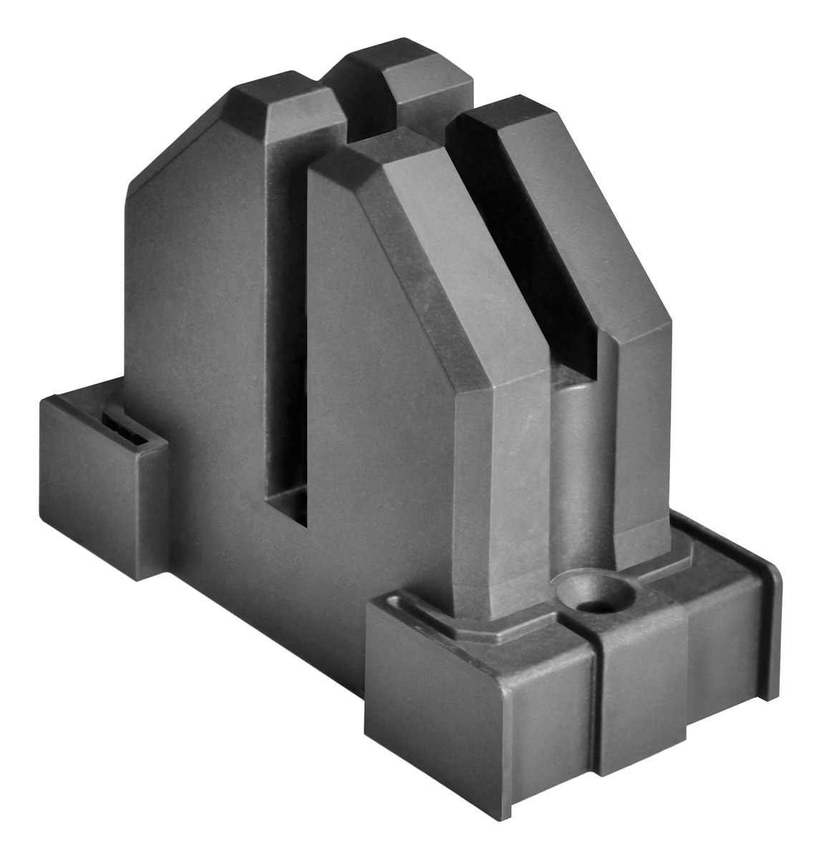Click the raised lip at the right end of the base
pos(770,630)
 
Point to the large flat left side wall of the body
pos(193,322)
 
